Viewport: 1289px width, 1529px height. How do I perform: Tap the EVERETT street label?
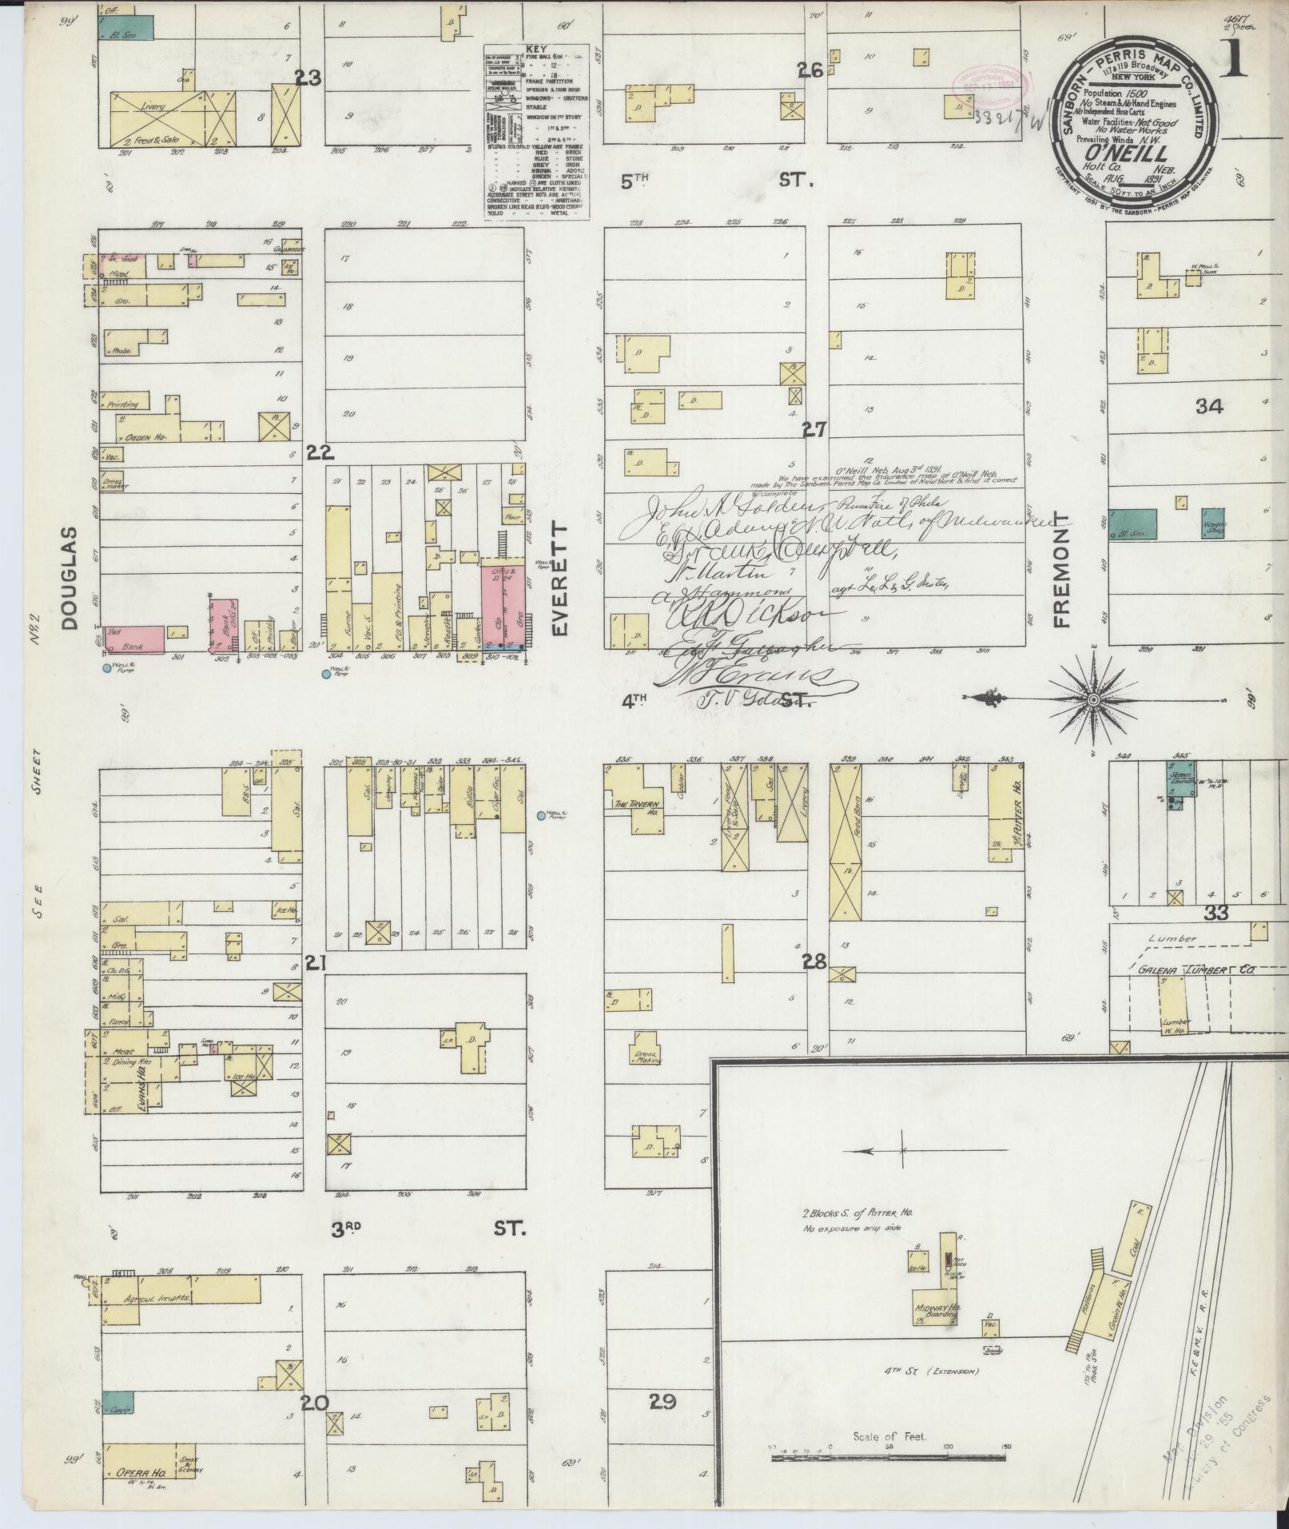[559, 579]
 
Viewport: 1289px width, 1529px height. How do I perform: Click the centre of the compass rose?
[1092, 700]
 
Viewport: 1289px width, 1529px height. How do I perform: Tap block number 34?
[1209, 407]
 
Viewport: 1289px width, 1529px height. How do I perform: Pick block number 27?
[814, 430]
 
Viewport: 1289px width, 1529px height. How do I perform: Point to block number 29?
[663, 1423]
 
